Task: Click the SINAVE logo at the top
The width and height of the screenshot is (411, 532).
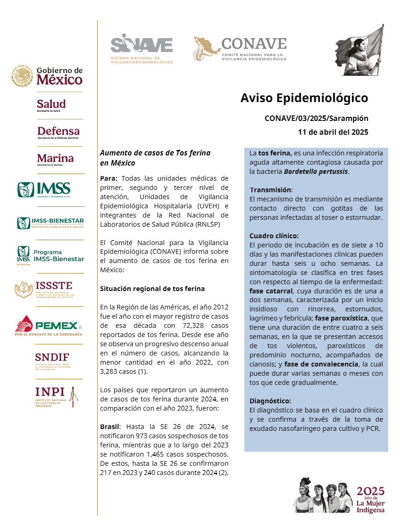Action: (x=141, y=48)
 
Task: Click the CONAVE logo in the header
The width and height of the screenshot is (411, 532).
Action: (x=240, y=49)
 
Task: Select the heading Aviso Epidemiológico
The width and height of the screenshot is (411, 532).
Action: (x=304, y=98)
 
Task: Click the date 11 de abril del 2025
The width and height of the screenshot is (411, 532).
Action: (x=333, y=132)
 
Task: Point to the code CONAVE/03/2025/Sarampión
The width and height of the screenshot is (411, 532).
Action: (x=316, y=118)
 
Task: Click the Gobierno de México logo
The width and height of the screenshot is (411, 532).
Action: (x=47, y=76)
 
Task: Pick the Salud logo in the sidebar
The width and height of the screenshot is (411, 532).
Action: (x=51, y=105)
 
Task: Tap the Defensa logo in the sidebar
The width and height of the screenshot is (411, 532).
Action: (x=58, y=132)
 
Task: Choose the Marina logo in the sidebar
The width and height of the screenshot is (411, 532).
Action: (x=55, y=159)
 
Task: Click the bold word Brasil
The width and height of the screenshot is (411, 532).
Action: (x=110, y=427)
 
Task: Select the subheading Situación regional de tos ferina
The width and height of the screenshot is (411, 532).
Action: (x=152, y=289)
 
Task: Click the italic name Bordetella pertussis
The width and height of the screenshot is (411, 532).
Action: (x=316, y=172)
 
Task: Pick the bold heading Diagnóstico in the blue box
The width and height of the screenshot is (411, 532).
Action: (x=270, y=401)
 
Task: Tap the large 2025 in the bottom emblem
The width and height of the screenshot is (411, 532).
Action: (x=371, y=491)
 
